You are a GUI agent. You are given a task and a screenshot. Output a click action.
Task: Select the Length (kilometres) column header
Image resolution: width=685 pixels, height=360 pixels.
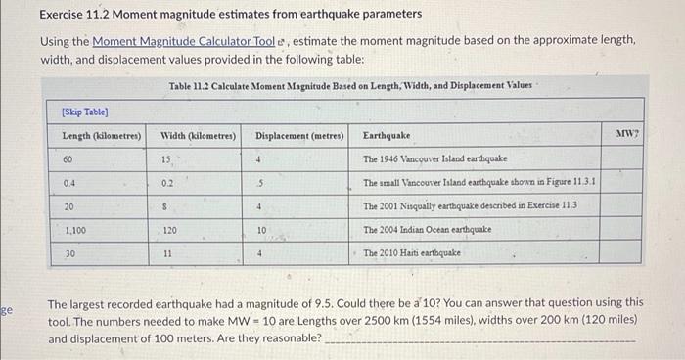pyautogui.click(x=101, y=135)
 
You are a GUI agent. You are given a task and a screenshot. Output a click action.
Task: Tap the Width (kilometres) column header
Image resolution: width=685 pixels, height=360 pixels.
pyautogui.click(x=194, y=135)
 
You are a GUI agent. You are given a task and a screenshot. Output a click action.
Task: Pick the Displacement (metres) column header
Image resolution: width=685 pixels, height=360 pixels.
pyautogui.click(x=299, y=135)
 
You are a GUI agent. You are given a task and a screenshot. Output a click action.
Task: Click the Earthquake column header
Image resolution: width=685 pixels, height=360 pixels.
pyautogui.click(x=387, y=135)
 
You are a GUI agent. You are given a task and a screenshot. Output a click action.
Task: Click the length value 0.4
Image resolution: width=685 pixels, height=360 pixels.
pyautogui.click(x=69, y=182)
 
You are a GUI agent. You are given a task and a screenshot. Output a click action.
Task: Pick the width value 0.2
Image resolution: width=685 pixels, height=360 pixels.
pyautogui.click(x=167, y=182)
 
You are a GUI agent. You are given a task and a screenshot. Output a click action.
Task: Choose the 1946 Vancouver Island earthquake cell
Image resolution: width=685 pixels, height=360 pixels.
pyautogui.click(x=434, y=158)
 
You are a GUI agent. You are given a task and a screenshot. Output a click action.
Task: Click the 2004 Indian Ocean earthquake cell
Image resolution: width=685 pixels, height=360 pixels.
pyautogui.click(x=427, y=229)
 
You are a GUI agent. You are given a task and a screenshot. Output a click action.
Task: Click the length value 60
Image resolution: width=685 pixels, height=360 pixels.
pyautogui.click(x=68, y=158)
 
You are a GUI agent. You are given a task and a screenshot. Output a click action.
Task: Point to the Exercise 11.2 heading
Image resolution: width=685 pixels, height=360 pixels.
pyautogui.click(x=231, y=15)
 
